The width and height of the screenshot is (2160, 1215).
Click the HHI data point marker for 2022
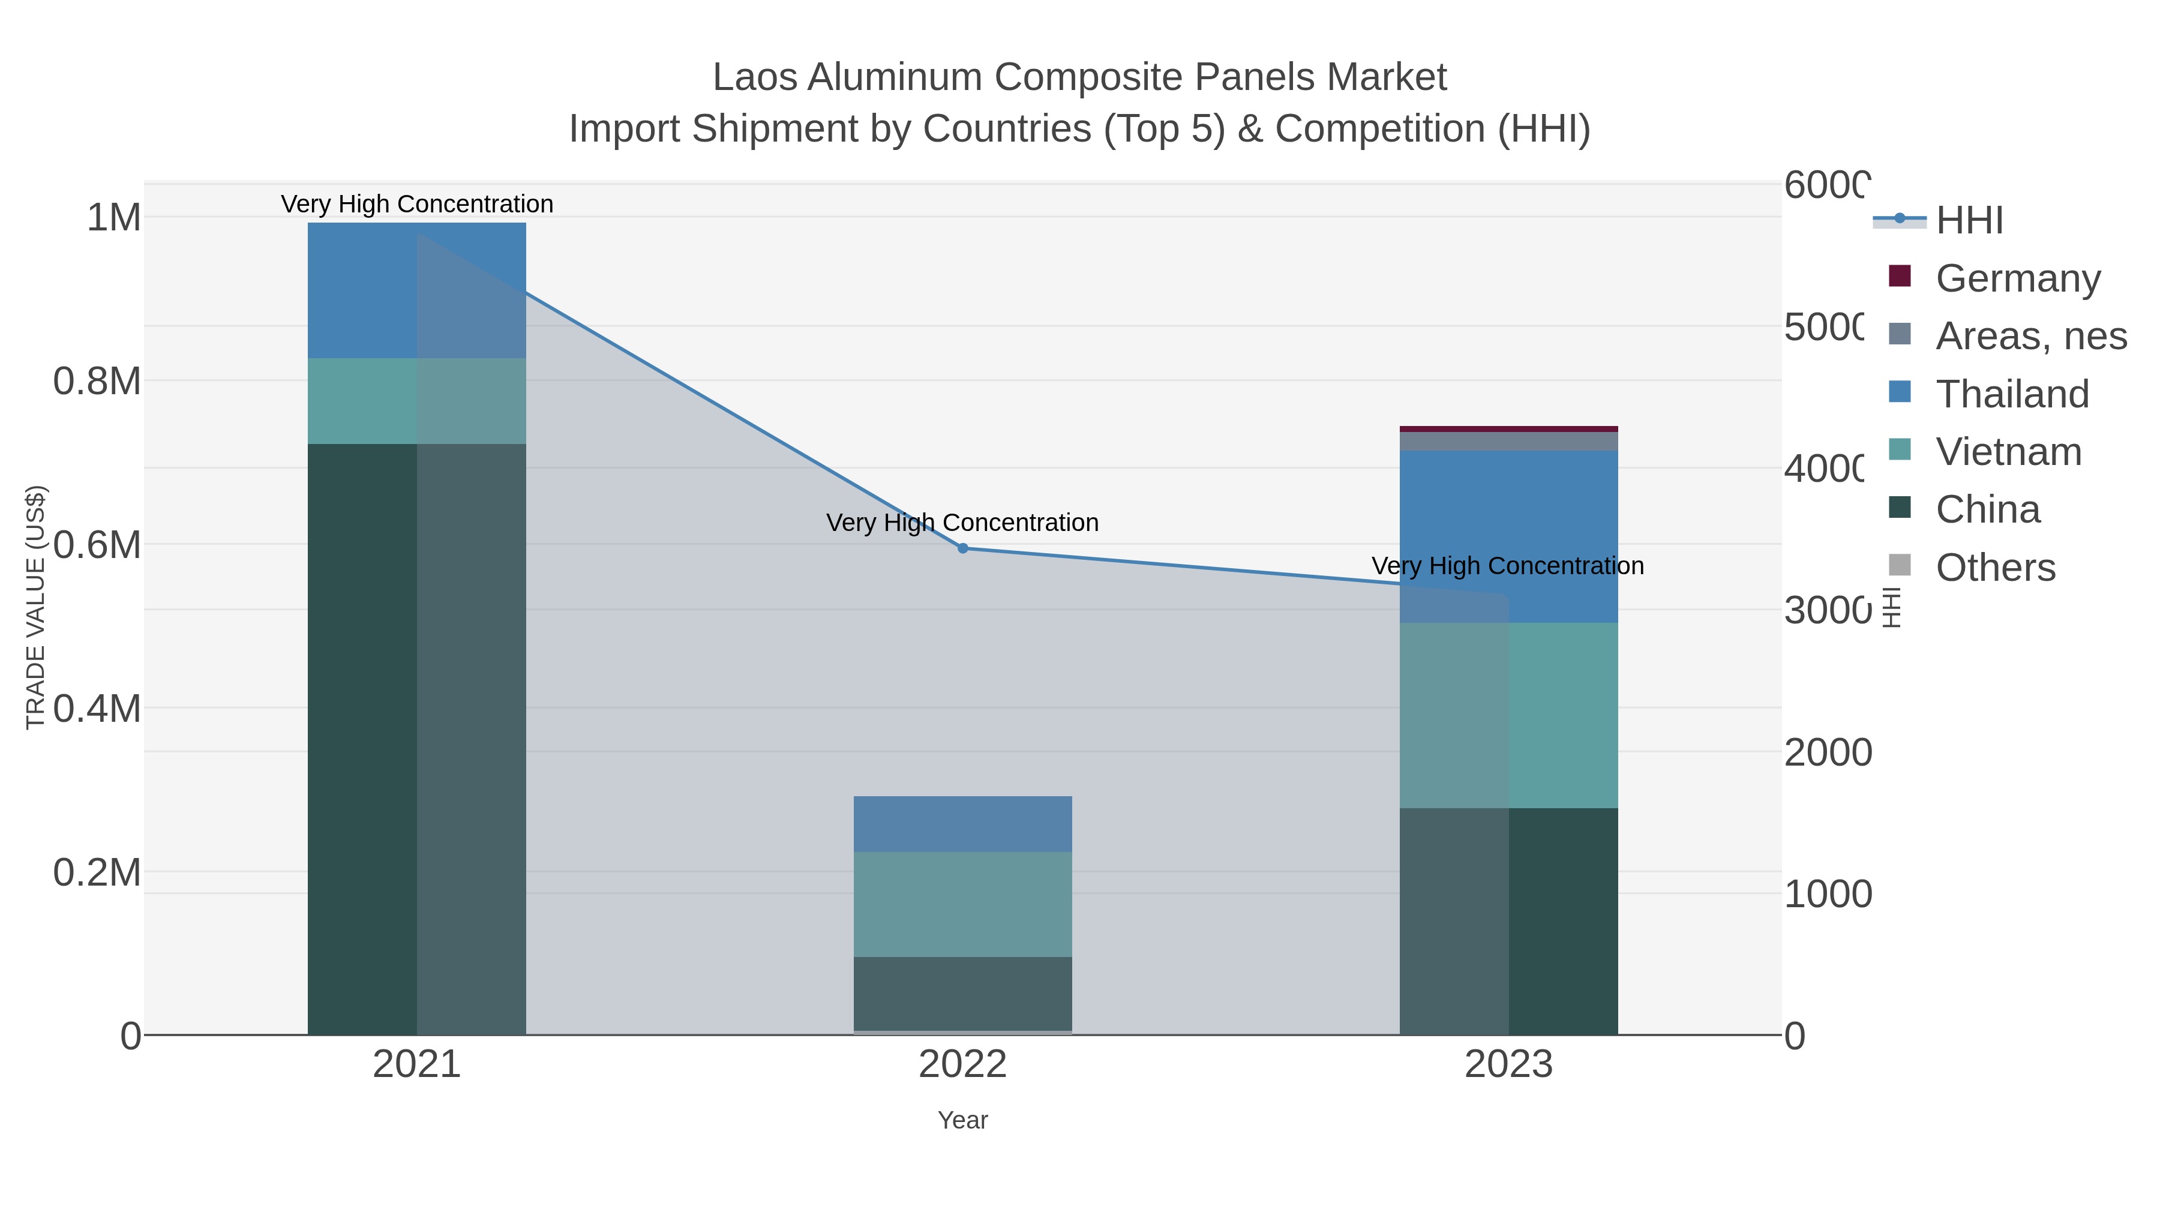tap(962, 548)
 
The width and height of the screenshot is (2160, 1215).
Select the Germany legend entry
tap(2017, 278)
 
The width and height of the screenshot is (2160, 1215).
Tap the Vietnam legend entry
tap(2008, 452)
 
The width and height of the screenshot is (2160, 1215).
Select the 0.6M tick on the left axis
tap(97, 545)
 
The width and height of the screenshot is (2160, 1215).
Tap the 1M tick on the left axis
tap(114, 218)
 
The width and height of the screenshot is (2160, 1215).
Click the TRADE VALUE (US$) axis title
tap(35, 607)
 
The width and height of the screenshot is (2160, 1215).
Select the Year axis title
tap(962, 1120)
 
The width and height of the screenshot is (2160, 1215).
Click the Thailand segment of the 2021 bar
tap(417, 290)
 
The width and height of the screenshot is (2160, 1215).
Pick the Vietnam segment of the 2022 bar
tap(962, 904)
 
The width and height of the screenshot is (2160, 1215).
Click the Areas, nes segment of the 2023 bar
tap(1508, 441)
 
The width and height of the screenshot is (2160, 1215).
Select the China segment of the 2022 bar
tap(962, 994)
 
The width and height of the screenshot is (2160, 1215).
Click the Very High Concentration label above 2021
tap(417, 205)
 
